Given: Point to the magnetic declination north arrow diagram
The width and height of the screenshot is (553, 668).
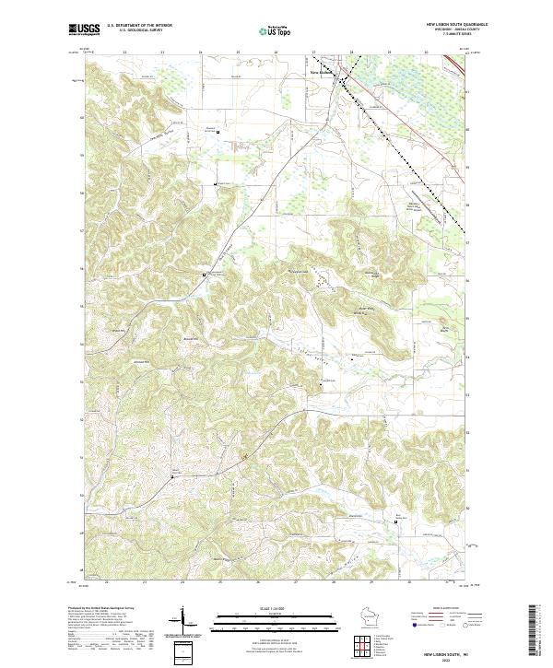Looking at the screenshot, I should [x=184, y=625].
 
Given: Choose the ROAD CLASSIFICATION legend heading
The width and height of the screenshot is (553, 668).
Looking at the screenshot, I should [x=448, y=608].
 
